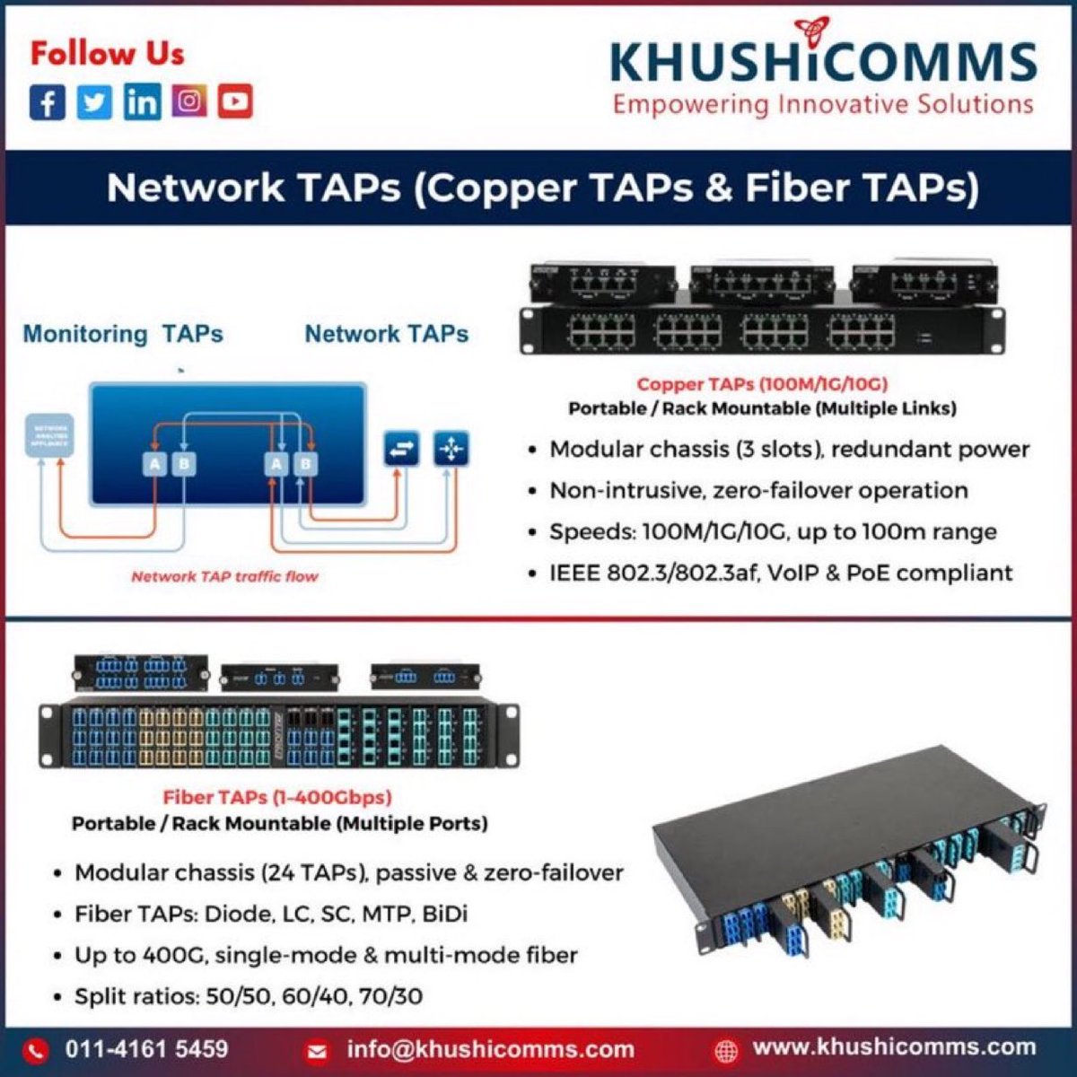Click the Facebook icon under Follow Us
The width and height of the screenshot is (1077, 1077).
[x=48, y=101]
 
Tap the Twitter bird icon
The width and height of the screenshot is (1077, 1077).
[x=94, y=101]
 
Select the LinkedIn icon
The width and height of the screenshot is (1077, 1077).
[x=142, y=101]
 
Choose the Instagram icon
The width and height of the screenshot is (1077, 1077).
[x=188, y=101]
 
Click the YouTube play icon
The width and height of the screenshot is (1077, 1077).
[x=235, y=101]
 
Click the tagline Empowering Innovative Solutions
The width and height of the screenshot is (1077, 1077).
[x=822, y=104]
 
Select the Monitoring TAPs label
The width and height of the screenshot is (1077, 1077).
[x=123, y=334]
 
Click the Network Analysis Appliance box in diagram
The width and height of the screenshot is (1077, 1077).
[x=48, y=435]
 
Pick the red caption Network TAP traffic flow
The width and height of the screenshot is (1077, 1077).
[x=224, y=576]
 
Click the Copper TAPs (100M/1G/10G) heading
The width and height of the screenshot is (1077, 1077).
[x=762, y=384]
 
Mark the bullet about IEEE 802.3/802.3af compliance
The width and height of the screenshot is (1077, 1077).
[x=781, y=573]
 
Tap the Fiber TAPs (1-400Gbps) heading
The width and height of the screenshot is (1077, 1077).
[x=277, y=797]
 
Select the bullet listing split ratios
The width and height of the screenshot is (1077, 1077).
[x=249, y=995]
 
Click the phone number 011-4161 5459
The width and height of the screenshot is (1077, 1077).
[x=146, y=1048]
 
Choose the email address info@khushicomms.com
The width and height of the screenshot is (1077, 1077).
[x=490, y=1048]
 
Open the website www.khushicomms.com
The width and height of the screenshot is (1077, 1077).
[x=894, y=1046]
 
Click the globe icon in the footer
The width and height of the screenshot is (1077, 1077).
[x=726, y=1049]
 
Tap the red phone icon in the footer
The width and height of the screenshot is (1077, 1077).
[x=36, y=1049]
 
